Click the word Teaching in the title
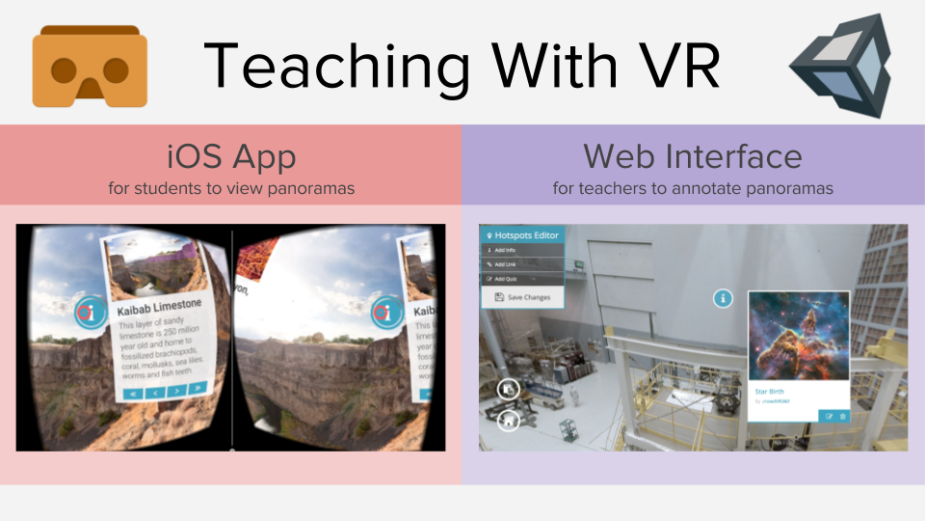(x=327, y=66)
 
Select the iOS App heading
(x=231, y=155)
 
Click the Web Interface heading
(x=693, y=155)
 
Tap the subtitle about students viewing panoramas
(x=231, y=187)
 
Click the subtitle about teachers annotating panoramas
(x=693, y=187)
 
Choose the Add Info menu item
(x=505, y=250)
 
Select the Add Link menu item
(x=506, y=264)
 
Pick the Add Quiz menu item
(x=506, y=279)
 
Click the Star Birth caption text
(x=769, y=392)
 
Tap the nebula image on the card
(x=799, y=336)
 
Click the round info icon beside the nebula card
(x=723, y=298)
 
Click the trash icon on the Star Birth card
(x=842, y=416)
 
